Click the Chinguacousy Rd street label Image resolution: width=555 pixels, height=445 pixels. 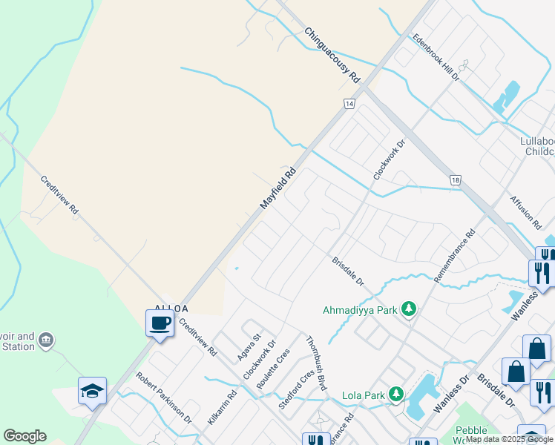[332, 56]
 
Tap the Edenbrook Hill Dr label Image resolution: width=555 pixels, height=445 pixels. [436, 57]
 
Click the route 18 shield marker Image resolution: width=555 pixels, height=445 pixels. [455, 180]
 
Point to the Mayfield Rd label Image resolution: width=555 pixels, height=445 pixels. [278, 188]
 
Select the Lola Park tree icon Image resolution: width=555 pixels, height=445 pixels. [396, 395]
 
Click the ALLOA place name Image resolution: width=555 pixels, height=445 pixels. [171, 309]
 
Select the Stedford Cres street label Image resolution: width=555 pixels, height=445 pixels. [292, 391]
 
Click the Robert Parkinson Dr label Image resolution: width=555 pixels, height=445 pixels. [164, 398]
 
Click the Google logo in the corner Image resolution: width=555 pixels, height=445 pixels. [24, 436]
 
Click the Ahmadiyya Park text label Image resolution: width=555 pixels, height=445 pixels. [360, 310]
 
